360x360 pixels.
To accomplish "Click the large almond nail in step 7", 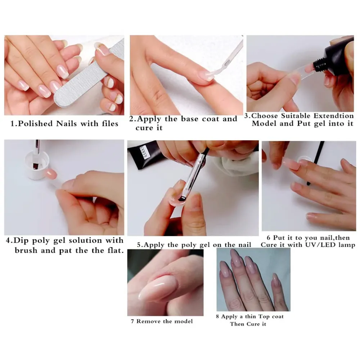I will (x=158, y=288).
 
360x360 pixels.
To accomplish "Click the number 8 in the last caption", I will (x=217, y=317).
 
